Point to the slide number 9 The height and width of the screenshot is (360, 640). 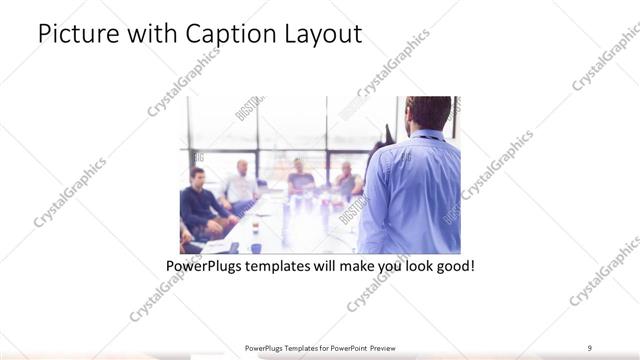(589, 347)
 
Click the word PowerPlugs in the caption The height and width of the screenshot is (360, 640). (204, 267)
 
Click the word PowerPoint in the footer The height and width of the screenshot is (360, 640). (344, 347)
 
